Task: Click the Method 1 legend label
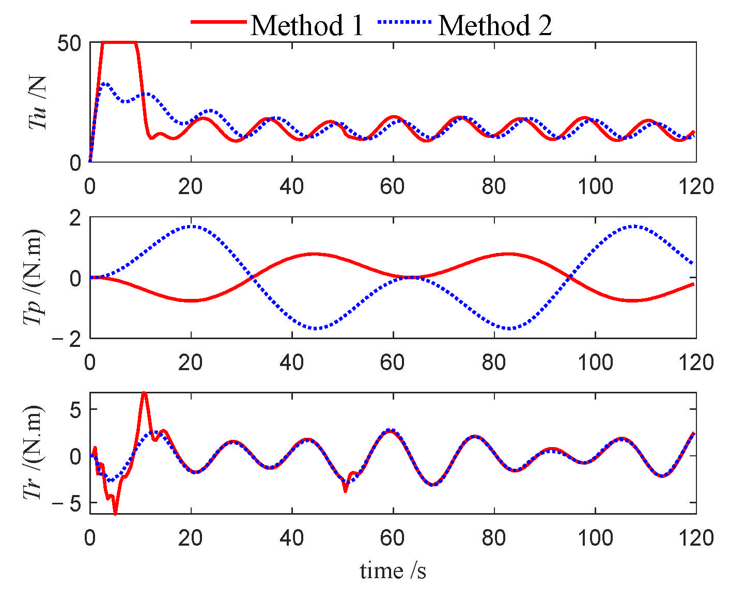307,25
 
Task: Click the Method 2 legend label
495,25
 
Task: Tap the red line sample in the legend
218,22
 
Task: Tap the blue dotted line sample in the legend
405,22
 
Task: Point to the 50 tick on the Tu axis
69,43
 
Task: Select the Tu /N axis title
38,102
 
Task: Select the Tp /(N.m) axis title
34,277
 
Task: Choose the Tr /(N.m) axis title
34,452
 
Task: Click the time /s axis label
393,571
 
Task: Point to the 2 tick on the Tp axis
75,218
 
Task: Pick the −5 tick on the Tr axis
69,503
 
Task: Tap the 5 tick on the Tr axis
75,409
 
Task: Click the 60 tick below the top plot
393,186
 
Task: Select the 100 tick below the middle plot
595,362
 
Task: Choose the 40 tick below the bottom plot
292,538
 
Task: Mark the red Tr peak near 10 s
144,393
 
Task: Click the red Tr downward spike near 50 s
345,491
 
